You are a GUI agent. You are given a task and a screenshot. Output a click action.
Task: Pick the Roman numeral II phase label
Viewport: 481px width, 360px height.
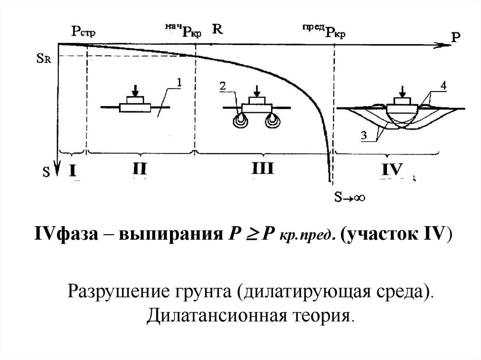point(140,169)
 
